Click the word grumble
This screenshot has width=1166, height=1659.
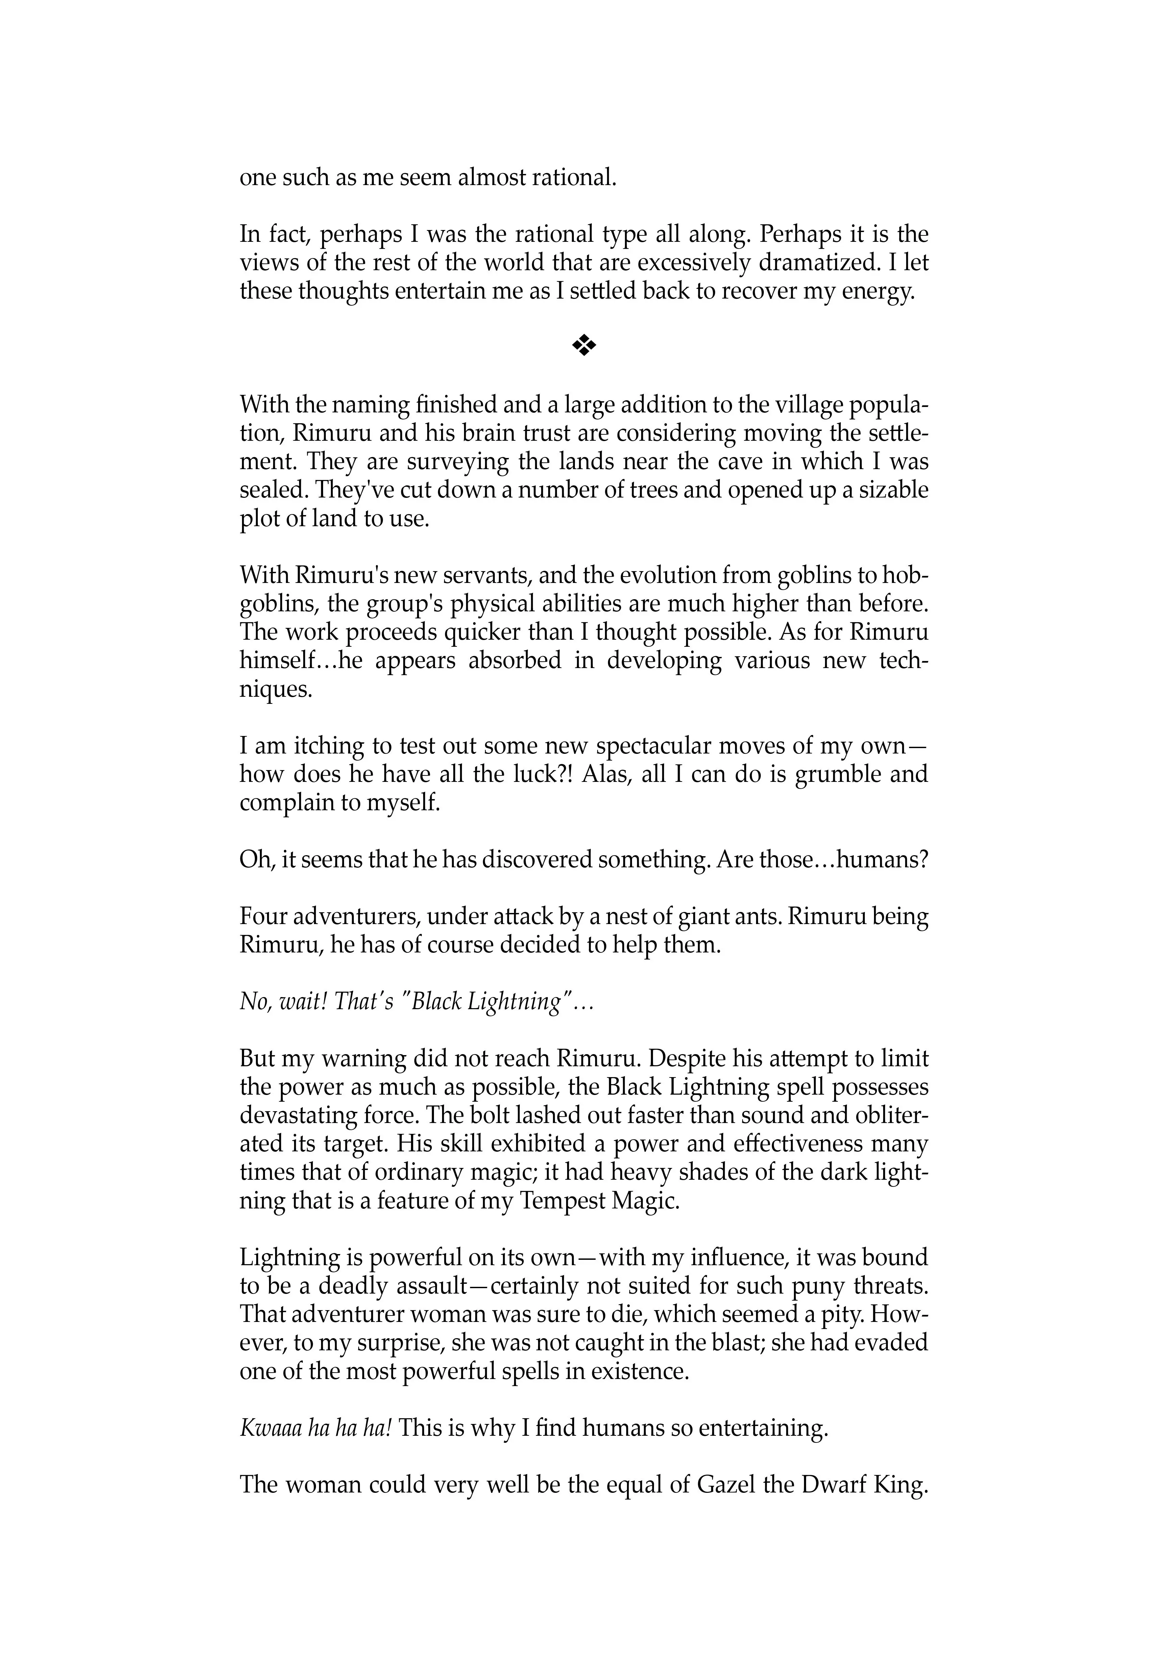coord(833,774)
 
